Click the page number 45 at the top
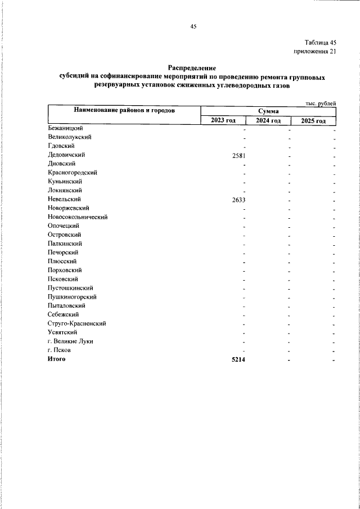[x=193, y=26]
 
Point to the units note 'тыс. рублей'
[x=321, y=103]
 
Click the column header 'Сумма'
[x=269, y=111]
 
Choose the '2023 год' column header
[x=223, y=120]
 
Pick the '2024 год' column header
[x=268, y=120]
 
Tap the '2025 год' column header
[x=313, y=120]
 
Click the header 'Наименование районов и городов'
[x=124, y=111]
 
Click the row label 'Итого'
[x=56, y=359]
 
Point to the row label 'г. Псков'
[x=59, y=350]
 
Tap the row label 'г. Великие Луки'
[x=70, y=341]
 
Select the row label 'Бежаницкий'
[x=65, y=129]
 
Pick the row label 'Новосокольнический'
[x=77, y=217]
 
